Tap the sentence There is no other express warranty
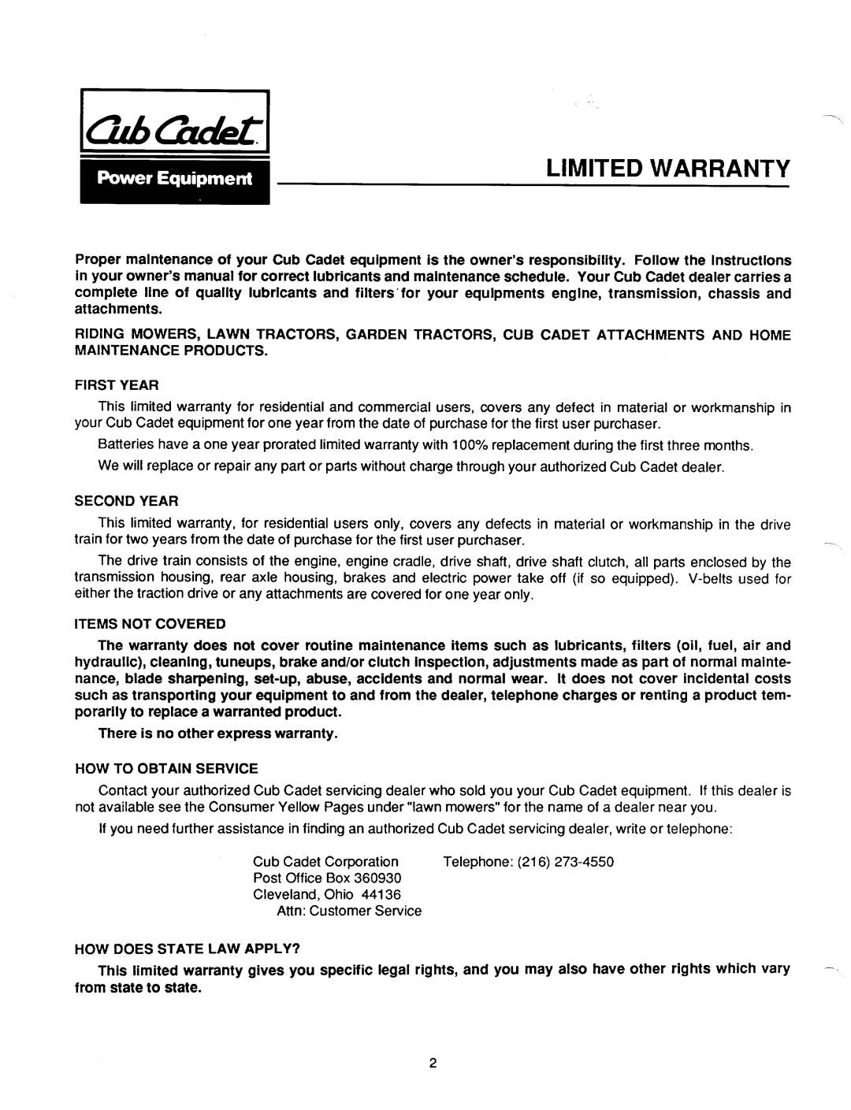coord(217,734)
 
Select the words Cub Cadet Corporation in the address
coord(325,862)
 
